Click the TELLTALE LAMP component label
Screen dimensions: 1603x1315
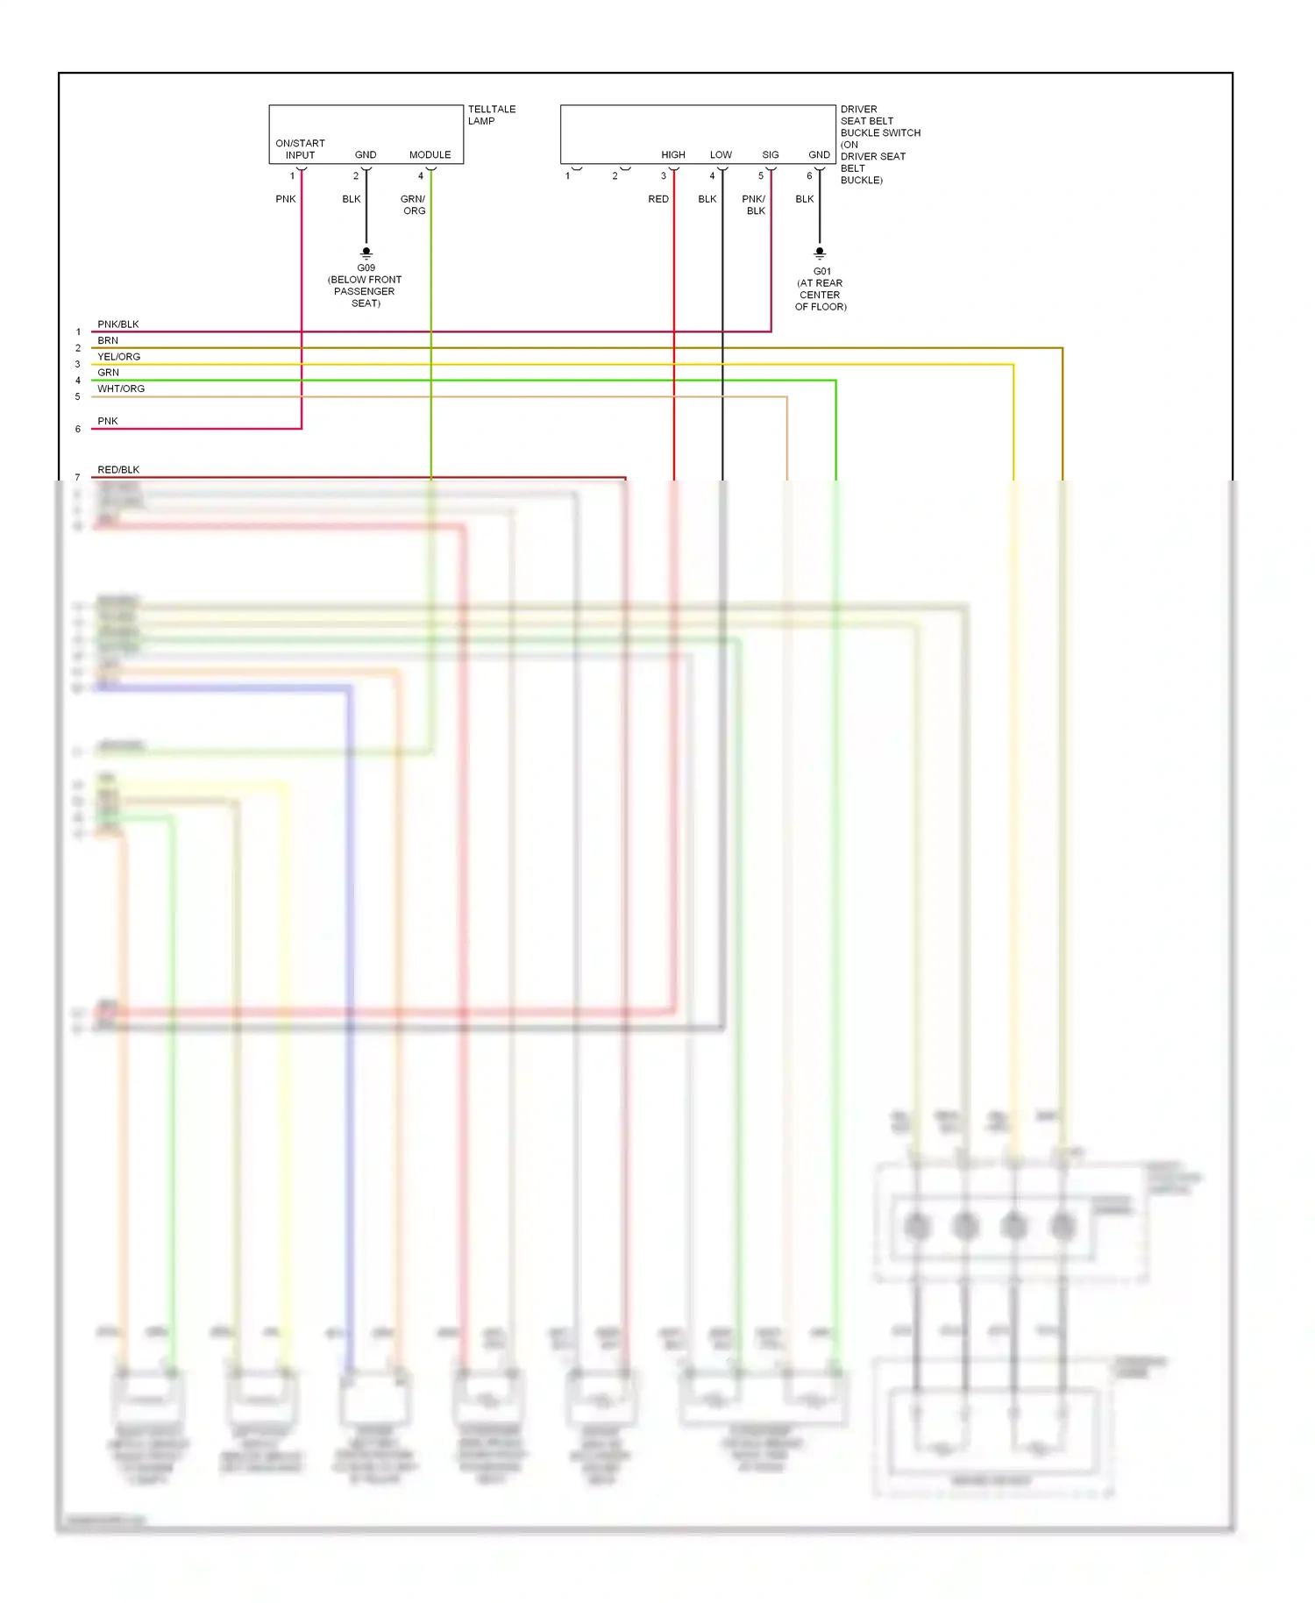(491, 115)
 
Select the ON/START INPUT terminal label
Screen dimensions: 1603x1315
(300, 149)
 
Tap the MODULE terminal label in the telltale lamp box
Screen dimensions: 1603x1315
(430, 155)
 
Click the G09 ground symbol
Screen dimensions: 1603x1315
(366, 253)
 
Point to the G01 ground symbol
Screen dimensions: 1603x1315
(820, 253)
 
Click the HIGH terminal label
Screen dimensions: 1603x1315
(673, 155)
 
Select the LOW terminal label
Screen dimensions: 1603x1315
(721, 155)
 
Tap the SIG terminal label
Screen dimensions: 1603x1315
(771, 155)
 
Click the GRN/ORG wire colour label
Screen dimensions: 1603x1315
(413, 205)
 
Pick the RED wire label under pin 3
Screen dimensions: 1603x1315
(658, 199)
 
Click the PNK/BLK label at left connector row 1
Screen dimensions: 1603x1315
(118, 324)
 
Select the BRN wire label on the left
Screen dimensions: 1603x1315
(108, 340)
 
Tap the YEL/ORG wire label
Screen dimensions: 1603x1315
(119, 357)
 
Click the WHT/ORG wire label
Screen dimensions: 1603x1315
(121, 389)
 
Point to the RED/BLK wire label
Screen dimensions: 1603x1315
(118, 470)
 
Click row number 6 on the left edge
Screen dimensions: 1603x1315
(78, 430)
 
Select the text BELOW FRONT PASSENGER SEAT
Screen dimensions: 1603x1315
(365, 291)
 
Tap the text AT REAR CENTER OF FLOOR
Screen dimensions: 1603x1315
(821, 295)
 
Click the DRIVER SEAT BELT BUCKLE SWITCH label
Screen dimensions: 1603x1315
(879, 145)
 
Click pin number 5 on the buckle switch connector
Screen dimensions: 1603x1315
(761, 176)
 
